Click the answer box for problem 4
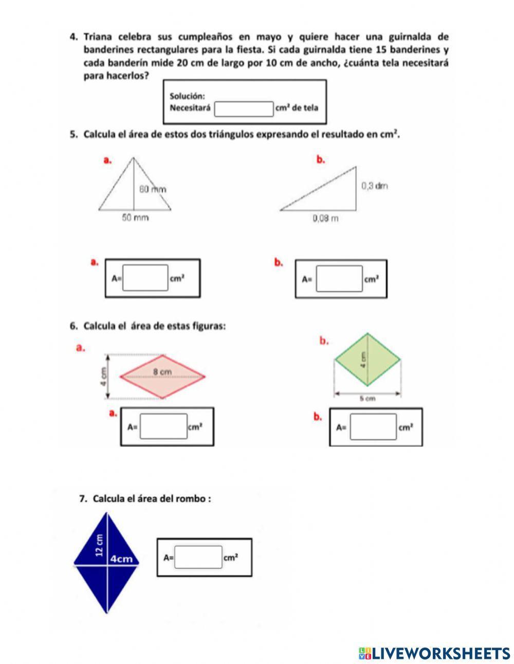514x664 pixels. coord(244,109)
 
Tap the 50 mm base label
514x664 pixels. coord(135,218)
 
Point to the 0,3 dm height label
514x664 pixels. coord(374,186)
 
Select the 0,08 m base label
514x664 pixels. coord(326,218)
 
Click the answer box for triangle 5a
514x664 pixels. coord(145,278)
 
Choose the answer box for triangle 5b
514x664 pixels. coord(339,279)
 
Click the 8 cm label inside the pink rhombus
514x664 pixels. coord(162,371)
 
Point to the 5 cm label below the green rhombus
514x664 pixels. coord(368,398)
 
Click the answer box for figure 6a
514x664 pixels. coord(163,426)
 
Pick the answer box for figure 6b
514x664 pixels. coord(373,427)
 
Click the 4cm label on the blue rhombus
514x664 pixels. coord(122,559)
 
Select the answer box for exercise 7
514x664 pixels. coord(198,557)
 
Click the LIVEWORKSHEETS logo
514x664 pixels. coord(434,653)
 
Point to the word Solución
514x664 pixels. coord(187,96)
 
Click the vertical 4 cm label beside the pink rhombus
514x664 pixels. coord(104,376)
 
